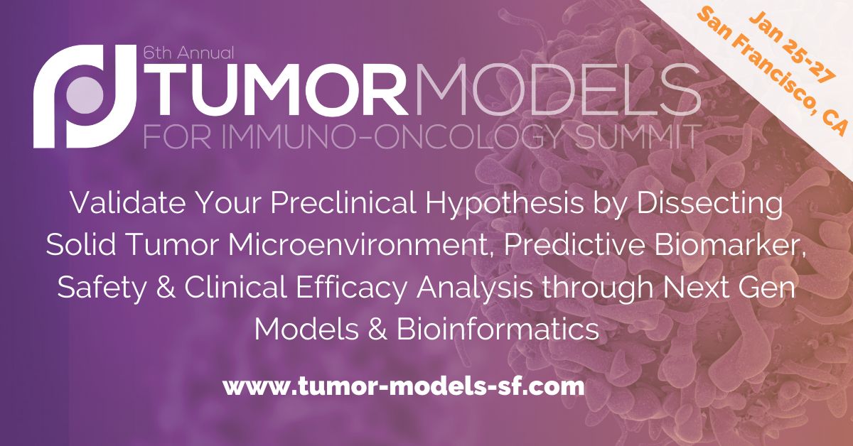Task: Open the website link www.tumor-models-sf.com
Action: tap(404, 387)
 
